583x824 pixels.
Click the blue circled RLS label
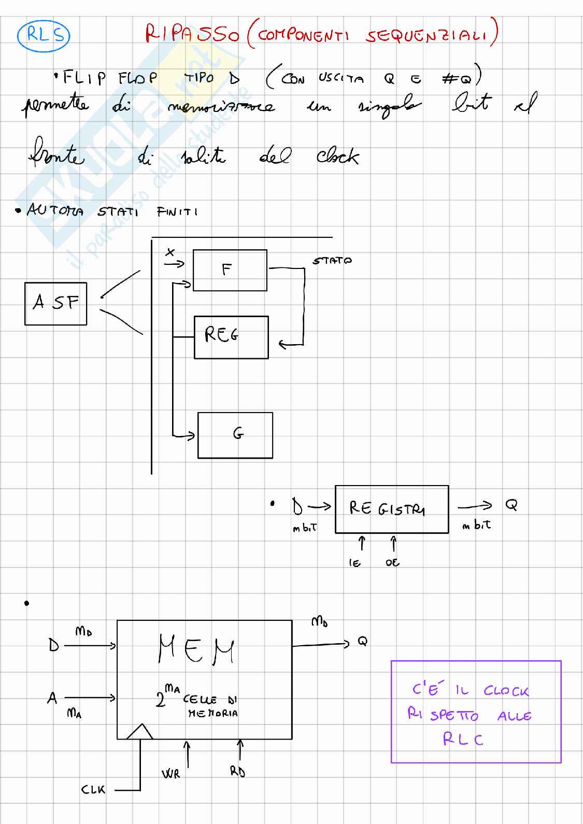point(43,35)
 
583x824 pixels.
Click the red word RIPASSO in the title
point(192,34)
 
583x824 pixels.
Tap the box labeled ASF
point(55,303)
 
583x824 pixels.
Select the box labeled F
point(230,270)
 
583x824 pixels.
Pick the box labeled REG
point(231,337)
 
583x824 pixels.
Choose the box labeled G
point(235,435)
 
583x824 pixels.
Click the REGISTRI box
point(391,509)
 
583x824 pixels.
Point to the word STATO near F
point(332,261)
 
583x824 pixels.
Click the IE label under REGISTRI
point(355,563)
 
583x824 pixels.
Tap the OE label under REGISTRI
point(392,563)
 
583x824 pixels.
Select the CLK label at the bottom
point(93,790)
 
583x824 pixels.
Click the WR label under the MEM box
point(170,774)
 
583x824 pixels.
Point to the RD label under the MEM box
point(237,772)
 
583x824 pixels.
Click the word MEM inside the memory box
point(196,650)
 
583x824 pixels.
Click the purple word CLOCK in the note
point(506,691)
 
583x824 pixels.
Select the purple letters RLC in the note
point(463,740)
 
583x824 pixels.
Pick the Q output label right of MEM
point(362,642)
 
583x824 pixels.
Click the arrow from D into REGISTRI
point(320,506)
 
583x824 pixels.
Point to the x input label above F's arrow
point(170,252)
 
